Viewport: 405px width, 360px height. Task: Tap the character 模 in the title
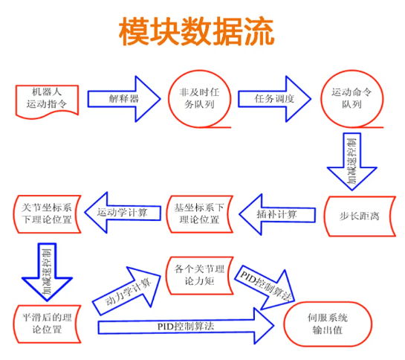pos(135,30)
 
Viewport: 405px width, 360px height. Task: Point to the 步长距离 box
pos(354,216)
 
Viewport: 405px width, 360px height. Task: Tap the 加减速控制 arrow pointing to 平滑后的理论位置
pos(46,269)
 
